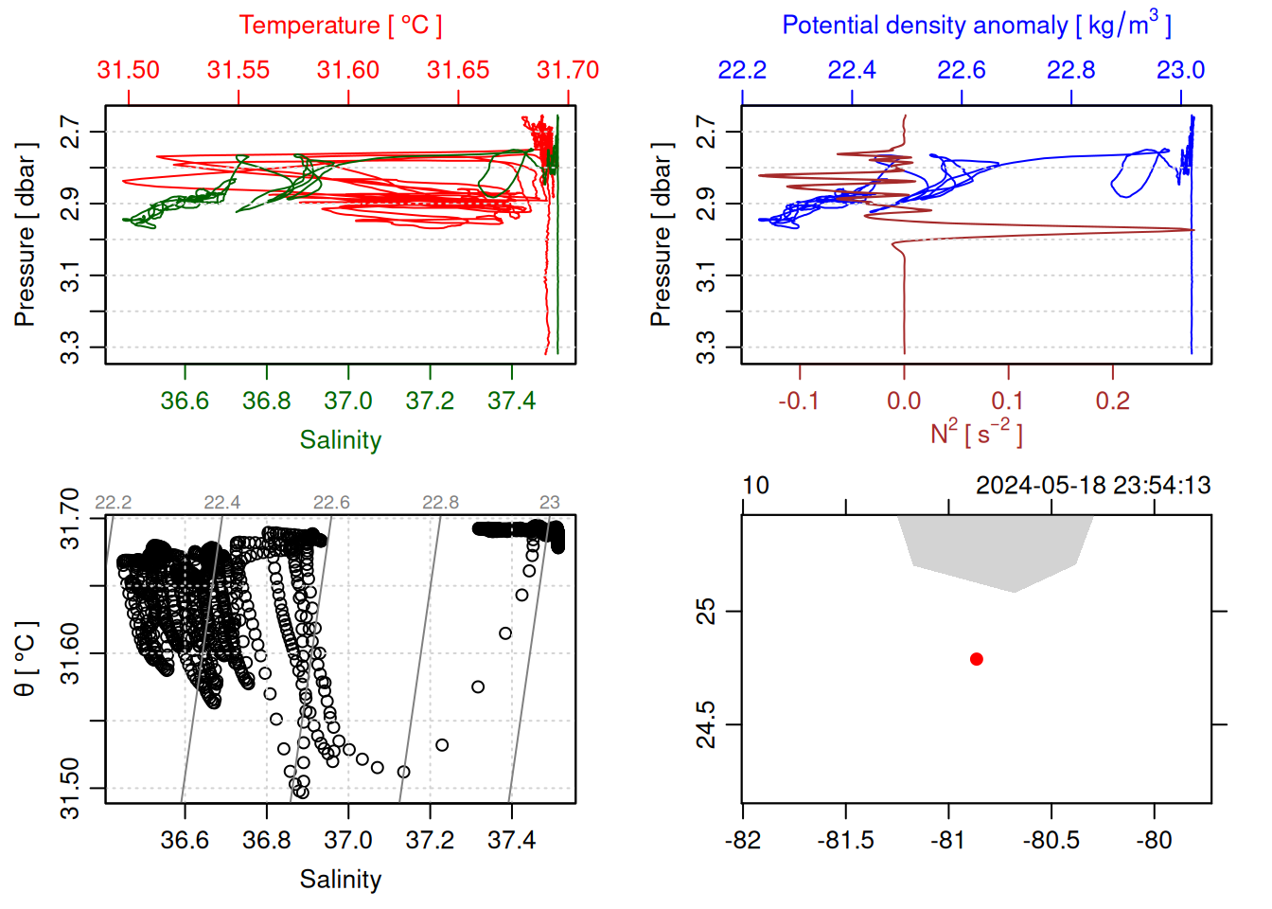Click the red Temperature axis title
340,26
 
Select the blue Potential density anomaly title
976,26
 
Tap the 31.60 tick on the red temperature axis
348,70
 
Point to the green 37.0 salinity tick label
348,401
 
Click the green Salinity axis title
340,440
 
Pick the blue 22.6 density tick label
962,70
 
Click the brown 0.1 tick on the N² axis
1008,401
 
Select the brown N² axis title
976,433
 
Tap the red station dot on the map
977,659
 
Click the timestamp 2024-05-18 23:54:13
1093,486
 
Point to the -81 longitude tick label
947,840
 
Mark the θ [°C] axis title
26,658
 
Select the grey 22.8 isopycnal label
440,503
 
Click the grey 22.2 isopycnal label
114,503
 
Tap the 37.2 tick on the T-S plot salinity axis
430,840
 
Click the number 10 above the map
755,486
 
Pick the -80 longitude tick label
1154,840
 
